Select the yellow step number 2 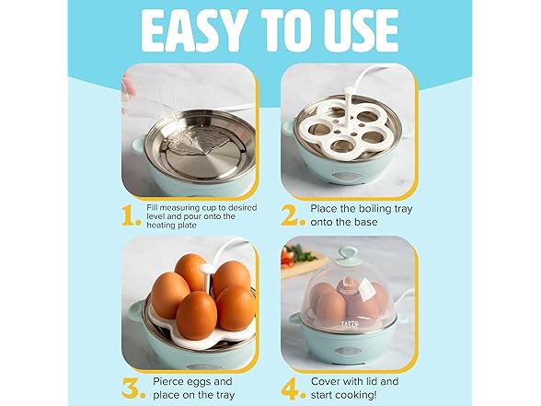294,214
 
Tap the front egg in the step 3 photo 196,315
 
